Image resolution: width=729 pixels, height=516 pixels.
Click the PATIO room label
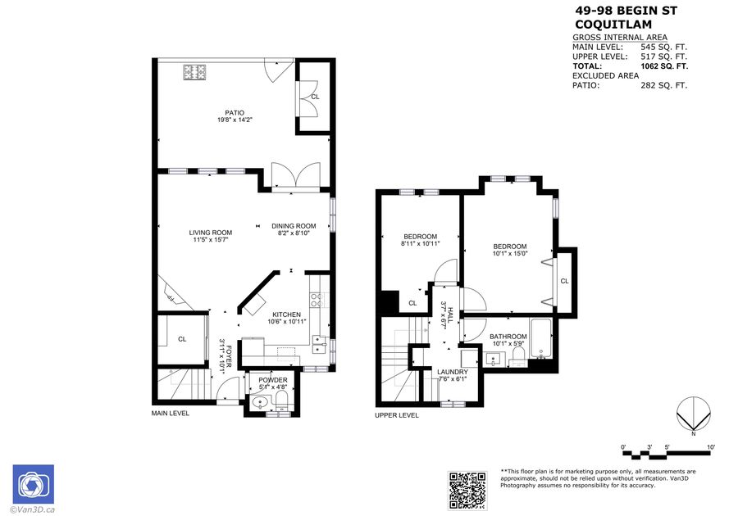click(235, 113)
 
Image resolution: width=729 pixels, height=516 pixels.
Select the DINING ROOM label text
click(294, 226)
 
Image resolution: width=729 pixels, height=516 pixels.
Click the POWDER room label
click(273, 380)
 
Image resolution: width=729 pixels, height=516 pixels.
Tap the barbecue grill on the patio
click(194, 72)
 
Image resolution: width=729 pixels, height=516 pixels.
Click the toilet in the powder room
click(281, 401)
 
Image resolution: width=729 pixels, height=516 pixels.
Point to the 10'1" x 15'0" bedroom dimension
click(510, 254)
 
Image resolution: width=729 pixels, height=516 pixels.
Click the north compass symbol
click(694, 414)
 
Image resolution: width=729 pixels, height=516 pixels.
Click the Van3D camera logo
click(33, 484)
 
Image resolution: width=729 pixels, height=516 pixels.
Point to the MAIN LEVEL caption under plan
click(171, 414)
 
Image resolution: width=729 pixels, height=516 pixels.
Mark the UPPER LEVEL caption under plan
click(397, 415)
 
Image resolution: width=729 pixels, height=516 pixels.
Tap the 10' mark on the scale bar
click(710, 447)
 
